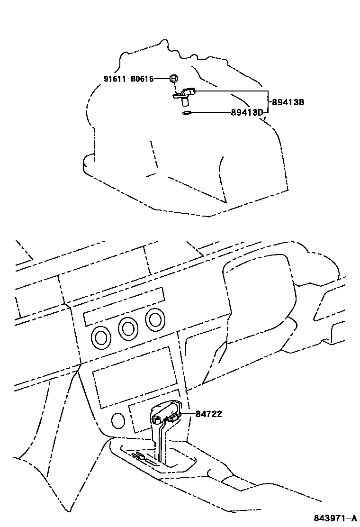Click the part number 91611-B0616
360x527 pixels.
click(x=128, y=79)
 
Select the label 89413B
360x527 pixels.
click(x=288, y=102)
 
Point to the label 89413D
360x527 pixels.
click(x=247, y=112)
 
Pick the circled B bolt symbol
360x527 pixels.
click(x=174, y=79)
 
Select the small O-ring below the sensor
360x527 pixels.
click(x=187, y=113)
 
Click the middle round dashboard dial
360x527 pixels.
click(x=128, y=328)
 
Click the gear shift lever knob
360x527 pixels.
click(x=165, y=413)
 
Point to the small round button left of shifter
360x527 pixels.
click(x=117, y=420)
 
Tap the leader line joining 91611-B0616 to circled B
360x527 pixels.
click(x=162, y=79)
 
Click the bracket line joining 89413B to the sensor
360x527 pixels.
click(x=232, y=91)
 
